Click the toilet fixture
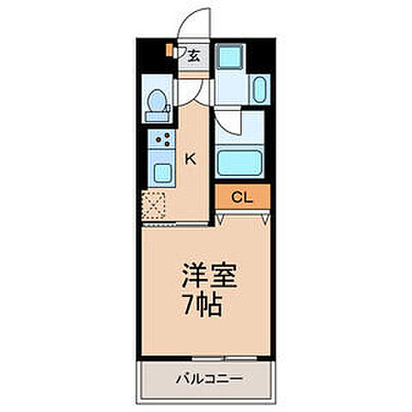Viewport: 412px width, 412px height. tap(156, 105)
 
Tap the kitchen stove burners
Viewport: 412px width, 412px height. tap(162, 142)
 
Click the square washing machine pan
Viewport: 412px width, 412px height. tap(229, 58)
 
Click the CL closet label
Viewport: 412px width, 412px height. tap(243, 197)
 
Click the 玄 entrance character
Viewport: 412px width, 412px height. tap(195, 58)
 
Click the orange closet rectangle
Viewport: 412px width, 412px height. tap(243, 197)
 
